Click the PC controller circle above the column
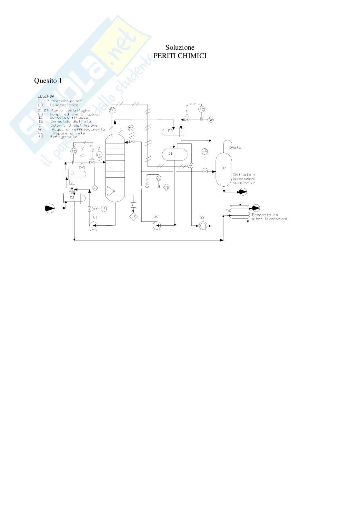pyautogui.click(x=112, y=110)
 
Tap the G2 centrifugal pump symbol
pyautogui.click(x=156, y=226)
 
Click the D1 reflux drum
pyautogui.click(x=175, y=154)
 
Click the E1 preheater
pyautogui.click(x=75, y=174)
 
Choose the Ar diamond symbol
pyautogui.click(x=211, y=120)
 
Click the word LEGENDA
pyautogui.click(x=46, y=96)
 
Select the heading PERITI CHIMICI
pyautogui.click(x=180, y=56)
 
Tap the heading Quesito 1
pyautogui.click(x=48, y=81)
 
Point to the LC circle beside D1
pyautogui.click(x=205, y=151)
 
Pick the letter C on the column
pyautogui.click(x=111, y=168)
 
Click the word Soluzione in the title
pyautogui.click(x=180, y=48)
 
